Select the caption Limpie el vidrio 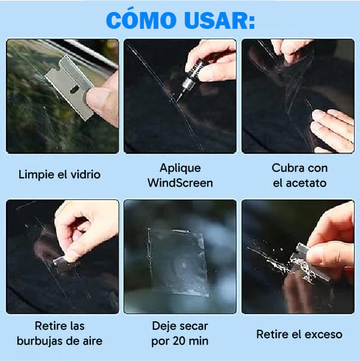59,175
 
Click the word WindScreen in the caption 180,183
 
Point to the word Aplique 180,168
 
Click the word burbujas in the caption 44,341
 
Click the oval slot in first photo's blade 73,90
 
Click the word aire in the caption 90,341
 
